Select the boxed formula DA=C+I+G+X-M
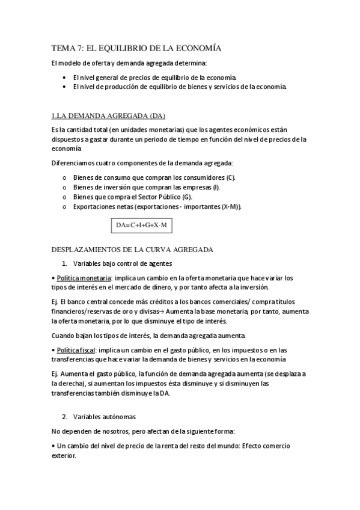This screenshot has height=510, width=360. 141,225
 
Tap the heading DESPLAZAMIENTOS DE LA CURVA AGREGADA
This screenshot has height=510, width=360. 132,249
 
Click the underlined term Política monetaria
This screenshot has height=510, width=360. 82,277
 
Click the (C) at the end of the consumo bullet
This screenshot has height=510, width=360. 230,177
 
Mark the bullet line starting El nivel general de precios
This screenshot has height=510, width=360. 154,77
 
